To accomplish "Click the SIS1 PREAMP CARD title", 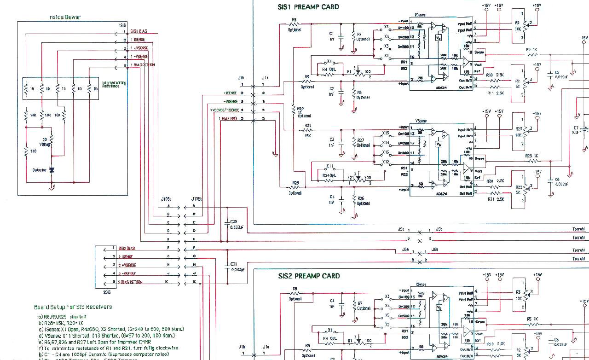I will pyautogui.click(x=308, y=7).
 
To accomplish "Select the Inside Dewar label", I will pyautogui.click(x=65, y=17).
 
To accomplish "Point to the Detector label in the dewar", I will pyautogui.click(x=39, y=170).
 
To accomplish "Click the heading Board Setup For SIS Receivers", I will pyautogui.click(x=73, y=307).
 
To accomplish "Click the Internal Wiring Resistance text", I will pyautogui.click(x=114, y=84).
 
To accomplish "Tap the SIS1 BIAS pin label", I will pyautogui.click(x=139, y=31).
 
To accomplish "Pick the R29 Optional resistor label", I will pyautogui.click(x=295, y=186).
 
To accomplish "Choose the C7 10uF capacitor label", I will pyautogui.click(x=576, y=130).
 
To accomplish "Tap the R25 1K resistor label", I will pyautogui.click(x=532, y=156).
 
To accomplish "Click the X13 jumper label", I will pyautogui.click(x=385, y=133).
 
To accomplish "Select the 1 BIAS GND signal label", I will pyautogui.click(x=229, y=119).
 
